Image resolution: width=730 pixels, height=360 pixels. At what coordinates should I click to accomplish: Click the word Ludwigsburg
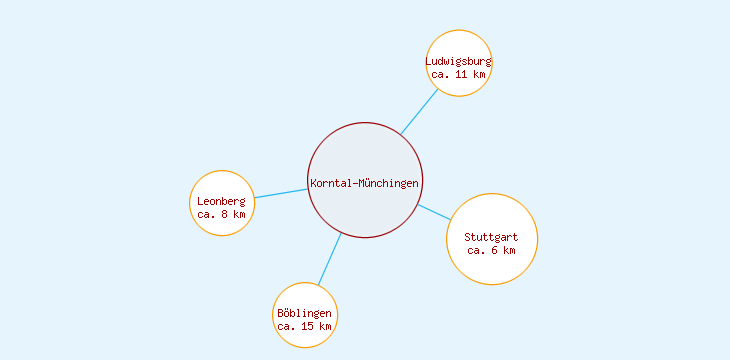(459, 61)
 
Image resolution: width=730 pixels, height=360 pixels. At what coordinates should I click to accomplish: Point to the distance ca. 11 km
(459, 74)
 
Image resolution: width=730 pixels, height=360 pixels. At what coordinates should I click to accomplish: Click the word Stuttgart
(492, 237)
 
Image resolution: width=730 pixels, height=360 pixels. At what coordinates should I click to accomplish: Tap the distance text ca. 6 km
(492, 250)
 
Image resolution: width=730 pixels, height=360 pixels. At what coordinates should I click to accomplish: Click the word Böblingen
(305, 314)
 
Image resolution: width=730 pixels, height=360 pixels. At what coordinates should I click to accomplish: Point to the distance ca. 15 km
(305, 327)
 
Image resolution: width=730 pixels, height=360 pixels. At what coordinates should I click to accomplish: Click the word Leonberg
(221, 201)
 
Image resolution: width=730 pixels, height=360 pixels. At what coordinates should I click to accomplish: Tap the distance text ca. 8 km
(221, 214)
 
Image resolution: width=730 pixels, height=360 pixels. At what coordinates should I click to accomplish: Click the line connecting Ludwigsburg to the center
(420, 112)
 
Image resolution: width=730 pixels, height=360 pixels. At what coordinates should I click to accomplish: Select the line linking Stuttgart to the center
(434, 212)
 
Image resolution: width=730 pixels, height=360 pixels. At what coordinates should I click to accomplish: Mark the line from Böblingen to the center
(330, 259)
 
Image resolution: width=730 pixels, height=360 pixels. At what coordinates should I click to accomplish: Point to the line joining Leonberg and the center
(281, 193)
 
